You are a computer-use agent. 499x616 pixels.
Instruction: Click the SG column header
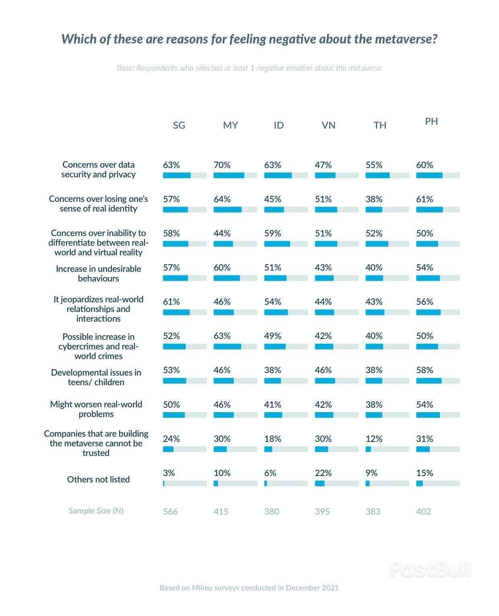pos(179,125)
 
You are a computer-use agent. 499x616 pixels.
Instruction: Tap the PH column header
pos(431,121)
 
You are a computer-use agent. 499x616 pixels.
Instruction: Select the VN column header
pos(328,125)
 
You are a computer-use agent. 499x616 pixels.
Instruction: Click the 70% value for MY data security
pos(222,165)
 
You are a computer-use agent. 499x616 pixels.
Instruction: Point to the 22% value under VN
pos(323,473)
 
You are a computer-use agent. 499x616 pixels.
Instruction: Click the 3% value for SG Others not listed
pos(169,473)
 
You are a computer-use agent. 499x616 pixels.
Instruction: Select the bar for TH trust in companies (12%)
pos(368,449)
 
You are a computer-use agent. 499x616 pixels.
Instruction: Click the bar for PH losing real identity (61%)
pos(429,209)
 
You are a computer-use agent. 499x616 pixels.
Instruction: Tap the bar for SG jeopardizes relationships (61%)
pos(176,312)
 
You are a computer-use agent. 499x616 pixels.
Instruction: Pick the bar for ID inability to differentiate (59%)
pos(277,244)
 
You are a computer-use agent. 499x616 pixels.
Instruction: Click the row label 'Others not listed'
pos(98,479)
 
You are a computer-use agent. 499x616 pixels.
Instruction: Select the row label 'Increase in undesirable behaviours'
pos(98,273)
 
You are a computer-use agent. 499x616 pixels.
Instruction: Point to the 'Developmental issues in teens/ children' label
pos(96,377)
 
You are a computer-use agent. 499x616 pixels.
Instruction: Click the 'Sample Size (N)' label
pos(96,511)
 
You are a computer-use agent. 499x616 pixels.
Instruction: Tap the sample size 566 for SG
pos(170,511)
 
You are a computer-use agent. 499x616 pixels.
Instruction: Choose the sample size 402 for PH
pos(423,511)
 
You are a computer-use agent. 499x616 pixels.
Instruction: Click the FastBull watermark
pos(430,569)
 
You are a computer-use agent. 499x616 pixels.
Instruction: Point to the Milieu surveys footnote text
pos(249,588)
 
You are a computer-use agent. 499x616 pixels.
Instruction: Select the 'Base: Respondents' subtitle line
pos(249,68)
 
